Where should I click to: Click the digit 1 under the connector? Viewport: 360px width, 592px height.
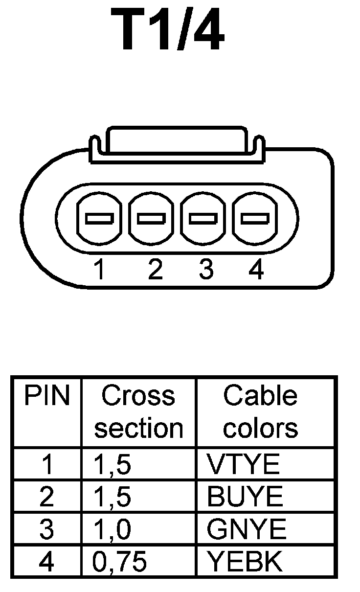100,269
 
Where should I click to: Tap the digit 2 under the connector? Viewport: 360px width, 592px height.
155,269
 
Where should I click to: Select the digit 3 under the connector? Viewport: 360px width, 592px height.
206,269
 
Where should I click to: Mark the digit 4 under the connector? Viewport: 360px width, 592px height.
256,269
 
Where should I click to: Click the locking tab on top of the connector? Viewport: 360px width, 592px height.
177,142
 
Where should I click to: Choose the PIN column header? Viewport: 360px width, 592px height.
47,396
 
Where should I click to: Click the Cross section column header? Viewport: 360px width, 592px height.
138,412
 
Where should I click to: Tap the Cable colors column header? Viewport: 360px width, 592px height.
260,412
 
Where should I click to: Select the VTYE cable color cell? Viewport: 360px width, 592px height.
243,464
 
